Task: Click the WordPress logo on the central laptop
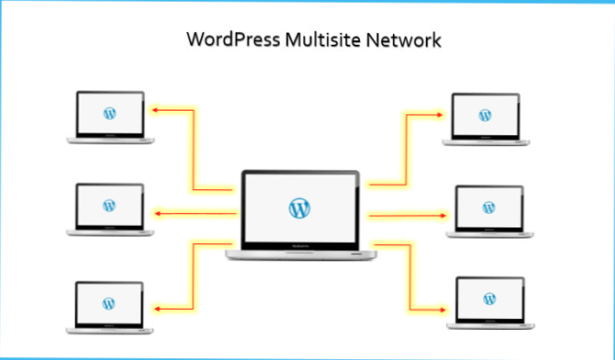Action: pyautogui.click(x=299, y=207)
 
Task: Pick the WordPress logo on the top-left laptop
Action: pyautogui.click(x=110, y=113)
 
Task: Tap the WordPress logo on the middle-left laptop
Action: pyautogui.click(x=110, y=206)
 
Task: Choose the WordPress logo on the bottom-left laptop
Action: pyautogui.click(x=109, y=302)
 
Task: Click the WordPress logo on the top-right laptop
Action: pyautogui.click(x=484, y=114)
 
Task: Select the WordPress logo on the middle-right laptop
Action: pyautogui.click(x=488, y=207)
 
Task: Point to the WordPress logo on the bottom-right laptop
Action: pyautogui.click(x=490, y=299)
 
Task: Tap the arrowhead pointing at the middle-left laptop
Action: pyautogui.click(x=156, y=214)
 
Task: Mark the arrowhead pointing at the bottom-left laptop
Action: pyautogui.click(x=156, y=309)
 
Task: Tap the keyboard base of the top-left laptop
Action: pyautogui.click(x=110, y=139)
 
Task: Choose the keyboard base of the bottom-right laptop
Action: pyautogui.click(x=490, y=324)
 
